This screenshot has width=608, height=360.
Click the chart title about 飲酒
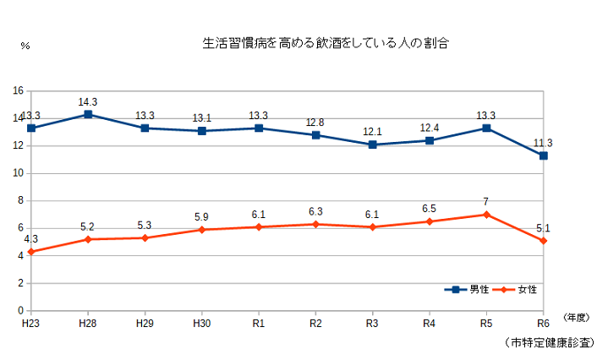click(x=324, y=41)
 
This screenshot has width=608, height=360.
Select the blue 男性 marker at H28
click(x=88, y=114)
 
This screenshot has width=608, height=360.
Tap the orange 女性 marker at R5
click(x=486, y=215)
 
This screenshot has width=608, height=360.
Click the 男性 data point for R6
click(x=543, y=155)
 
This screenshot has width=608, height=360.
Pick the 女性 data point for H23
click(x=30, y=252)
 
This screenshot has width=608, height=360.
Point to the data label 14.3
click(x=88, y=101)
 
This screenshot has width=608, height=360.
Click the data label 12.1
click(x=372, y=132)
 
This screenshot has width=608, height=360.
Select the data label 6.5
click(x=430, y=209)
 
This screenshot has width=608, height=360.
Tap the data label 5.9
click(x=201, y=217)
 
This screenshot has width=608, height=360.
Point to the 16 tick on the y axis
click(x=18, y=90)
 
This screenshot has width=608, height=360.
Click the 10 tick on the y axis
click(x=18, y=173)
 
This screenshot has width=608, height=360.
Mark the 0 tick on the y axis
click(x=20, y=311)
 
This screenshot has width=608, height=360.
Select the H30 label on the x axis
click(x=201, y=323)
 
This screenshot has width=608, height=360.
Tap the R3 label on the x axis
click(x=372, y=323)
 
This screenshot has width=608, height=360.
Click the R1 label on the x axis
click(x=259, y=323)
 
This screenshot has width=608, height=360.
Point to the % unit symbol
click(x=25, y=46)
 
